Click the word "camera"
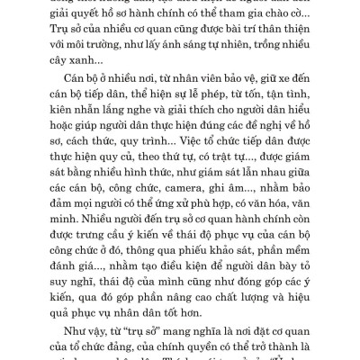coord(185,204)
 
